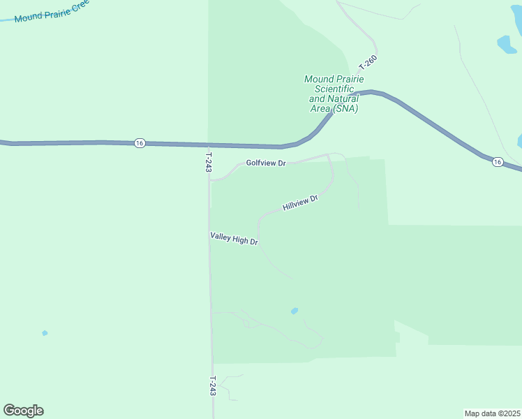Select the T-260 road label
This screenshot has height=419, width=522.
click(367, 62)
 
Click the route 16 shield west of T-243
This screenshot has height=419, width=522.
click(140, 142)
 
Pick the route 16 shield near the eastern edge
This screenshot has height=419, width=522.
click(497, 162)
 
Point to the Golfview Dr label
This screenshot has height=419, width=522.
click(266, 163)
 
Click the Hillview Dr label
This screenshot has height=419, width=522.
click(301, 203)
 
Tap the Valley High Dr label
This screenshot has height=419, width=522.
click(234, 239)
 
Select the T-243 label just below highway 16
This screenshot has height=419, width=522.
click(208, 162)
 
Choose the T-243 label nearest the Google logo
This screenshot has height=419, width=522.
click(213, 386)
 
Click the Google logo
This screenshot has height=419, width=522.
click(23, 411)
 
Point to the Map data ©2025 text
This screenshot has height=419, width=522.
click(492, 413)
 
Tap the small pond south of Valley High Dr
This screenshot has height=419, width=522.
click(294, 311)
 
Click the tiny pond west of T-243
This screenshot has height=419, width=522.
click(45, 333)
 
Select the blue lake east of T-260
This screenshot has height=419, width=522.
click(507, 45)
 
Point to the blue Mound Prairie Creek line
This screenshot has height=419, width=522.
click(7, 20)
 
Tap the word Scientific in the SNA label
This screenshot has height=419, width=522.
click(334, 89)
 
